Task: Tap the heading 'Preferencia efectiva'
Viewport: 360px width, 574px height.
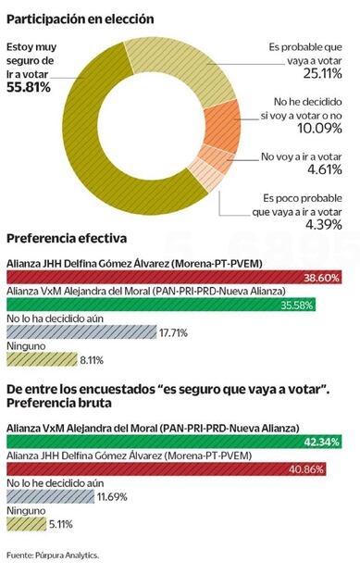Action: pos(68,242)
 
